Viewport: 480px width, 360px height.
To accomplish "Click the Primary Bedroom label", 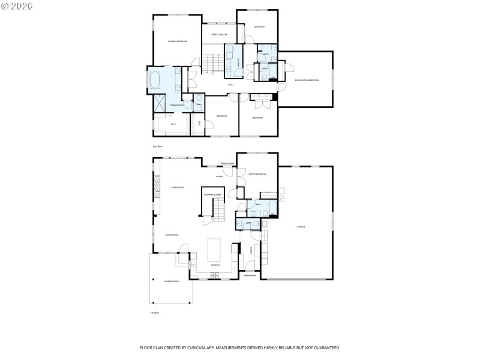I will click(x=177, y=41).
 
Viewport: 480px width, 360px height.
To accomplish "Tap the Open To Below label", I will click(x=218, y=35).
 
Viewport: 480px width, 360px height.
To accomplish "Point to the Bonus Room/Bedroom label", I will click(x=307, y=80).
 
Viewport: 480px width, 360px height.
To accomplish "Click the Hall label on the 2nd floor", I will click(x=230, y=85).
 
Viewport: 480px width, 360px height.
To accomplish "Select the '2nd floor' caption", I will click(x=158, y=146).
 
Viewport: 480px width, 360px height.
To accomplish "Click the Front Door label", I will click(x=227, y=163).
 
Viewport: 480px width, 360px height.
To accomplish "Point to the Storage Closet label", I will click(x=212, y=195).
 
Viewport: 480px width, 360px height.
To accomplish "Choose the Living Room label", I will click(x=177, y=187).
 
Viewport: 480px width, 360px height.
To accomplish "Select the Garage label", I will click(x=301, y=227).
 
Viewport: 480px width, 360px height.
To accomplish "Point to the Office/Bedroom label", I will click(x=257, y=174).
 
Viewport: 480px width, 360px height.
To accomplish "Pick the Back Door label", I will click(x=250, y=275).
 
